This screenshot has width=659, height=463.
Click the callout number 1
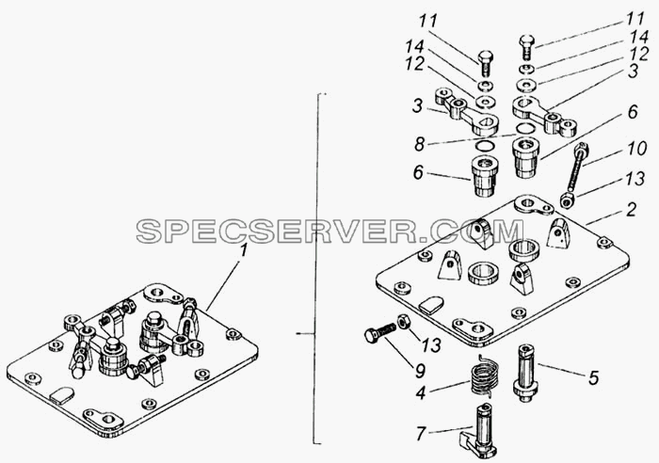click(x=243, y=252)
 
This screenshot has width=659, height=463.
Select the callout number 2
click(x=631, y=209)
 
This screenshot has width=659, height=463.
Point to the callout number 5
click(x=593, y=377)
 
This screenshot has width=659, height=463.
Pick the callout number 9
click(x=420, y=370)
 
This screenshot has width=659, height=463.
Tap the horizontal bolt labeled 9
click(x=380, y=333)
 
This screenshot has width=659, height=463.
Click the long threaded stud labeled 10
click(x=577, y=167)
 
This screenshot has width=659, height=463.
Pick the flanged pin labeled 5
click(x=525, y=373)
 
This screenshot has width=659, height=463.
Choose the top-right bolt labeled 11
click(x=527, y=47)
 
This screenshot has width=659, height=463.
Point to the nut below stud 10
click(x=569, y=200)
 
